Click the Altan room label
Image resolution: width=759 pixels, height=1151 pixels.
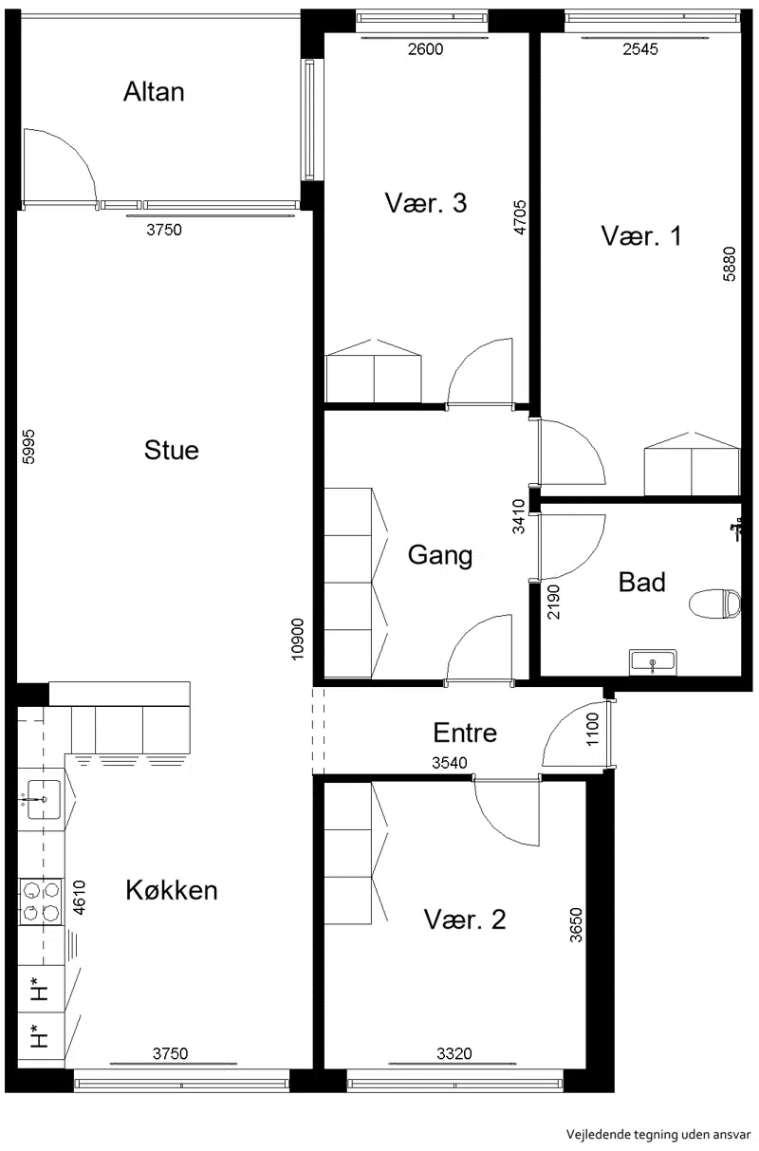[x=154, y=92]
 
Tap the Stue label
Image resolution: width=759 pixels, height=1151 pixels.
[x=171, y=450]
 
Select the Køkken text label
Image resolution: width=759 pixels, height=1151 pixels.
[x=172, y=890]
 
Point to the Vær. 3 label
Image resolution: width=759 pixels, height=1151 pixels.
[x=425, y=203]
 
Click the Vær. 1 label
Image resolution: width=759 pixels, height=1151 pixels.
[x=640, y=236]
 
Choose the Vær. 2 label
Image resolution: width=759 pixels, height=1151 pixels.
[x=465, y=919]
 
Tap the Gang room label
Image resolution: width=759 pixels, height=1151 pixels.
[x=440, y=555]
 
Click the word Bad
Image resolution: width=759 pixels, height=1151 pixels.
[x=642, y=583]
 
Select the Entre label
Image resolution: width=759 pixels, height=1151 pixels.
[x=465, y=733]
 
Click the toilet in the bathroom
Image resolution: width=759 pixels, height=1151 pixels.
[x=714, y=603]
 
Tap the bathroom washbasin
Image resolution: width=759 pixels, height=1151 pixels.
[x=653, y=661]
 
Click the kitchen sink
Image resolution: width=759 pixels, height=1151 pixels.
[x=44, y=799]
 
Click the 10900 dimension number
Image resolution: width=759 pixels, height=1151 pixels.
[x=298, y=640]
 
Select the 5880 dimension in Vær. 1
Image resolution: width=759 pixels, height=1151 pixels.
[x=730, y=264]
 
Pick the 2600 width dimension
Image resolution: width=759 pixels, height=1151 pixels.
[x=425, y=49]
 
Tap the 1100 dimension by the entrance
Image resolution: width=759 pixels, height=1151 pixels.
[x=593, y=729]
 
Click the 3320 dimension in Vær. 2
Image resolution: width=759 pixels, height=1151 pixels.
[x=454, y=1054]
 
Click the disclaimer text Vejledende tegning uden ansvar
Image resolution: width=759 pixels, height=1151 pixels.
[x=658, y=1134]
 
